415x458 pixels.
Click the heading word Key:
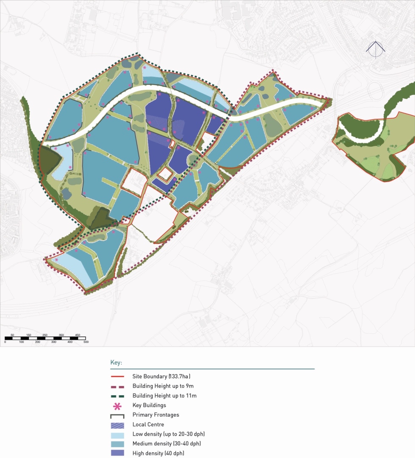[x=116, y=363]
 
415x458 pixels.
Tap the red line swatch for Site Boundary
[x=117, y=377]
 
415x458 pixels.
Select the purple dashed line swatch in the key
[x=117, y=386]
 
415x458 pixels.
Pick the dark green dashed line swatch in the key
[x=117, y=396]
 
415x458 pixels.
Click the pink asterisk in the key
[x=117, y=406]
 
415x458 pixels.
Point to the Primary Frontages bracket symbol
[x=117, y=416]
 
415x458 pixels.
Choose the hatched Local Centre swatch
[x=117, y=424]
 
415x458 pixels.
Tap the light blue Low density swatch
[x=117, y=434]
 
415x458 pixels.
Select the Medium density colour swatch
[x=117, y=444]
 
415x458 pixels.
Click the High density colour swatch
[x=117, y=453]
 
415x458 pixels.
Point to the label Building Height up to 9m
[x=163, y=386]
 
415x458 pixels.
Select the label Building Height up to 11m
[x=164, y=396]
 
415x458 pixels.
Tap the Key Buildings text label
[x=149, y=405]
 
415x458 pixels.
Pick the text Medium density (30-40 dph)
[x=166, y=444]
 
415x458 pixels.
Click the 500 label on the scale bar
[x=86, y=342]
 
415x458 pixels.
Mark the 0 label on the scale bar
[x=5, y=342]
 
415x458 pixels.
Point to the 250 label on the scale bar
[x=45, y=335]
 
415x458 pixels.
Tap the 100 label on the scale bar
[x=21, y=342]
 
